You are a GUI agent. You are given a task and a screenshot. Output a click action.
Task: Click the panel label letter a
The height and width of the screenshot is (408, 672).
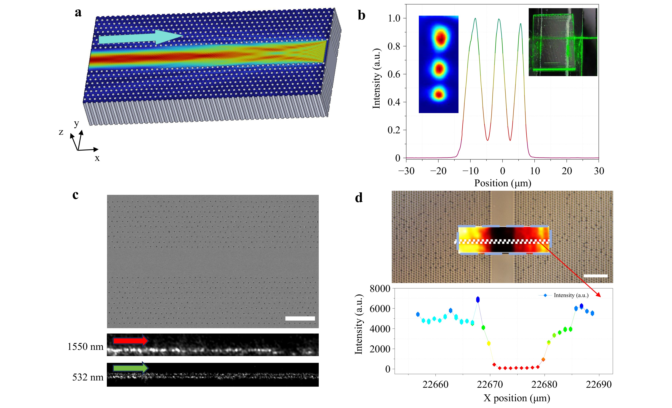pos(78,13)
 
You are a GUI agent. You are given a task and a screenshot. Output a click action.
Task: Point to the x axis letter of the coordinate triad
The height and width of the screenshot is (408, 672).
pos(97,158)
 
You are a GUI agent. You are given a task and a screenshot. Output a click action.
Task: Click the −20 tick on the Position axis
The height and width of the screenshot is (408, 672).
pos(438,171)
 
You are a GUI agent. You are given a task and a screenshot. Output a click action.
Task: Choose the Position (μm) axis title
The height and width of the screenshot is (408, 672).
pos(502,183)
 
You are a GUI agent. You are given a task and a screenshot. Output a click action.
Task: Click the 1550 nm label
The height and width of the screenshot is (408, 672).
pos(85,347)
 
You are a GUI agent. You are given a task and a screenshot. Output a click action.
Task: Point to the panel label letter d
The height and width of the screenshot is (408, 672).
pos(359,198)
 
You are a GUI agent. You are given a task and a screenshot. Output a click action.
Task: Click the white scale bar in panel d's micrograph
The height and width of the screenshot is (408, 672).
pos(595,276)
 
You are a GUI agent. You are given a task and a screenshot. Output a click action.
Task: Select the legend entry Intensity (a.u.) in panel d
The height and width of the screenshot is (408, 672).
pos(571,295)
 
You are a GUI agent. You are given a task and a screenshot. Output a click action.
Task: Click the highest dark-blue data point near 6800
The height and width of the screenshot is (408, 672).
pos(478,299)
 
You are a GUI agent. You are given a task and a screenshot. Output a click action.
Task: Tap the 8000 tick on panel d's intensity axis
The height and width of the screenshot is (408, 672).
pos(380,289)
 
